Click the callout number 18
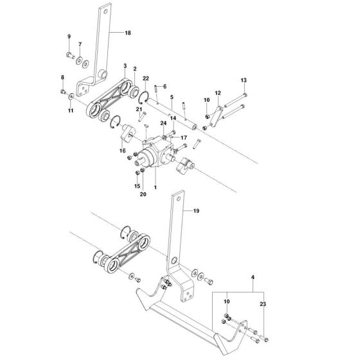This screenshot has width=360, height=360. (127, 32)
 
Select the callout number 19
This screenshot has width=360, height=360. (197, 210)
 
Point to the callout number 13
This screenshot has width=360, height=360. (244, 80)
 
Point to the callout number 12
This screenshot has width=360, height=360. (217, 93)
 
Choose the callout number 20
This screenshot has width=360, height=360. (143, 194)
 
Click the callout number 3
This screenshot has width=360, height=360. (125, 66)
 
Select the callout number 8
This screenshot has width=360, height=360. (62, 78)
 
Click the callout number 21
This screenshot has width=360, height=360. (138, 111)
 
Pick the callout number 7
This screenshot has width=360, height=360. (80, 44)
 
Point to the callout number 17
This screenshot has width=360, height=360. (183, 137)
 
